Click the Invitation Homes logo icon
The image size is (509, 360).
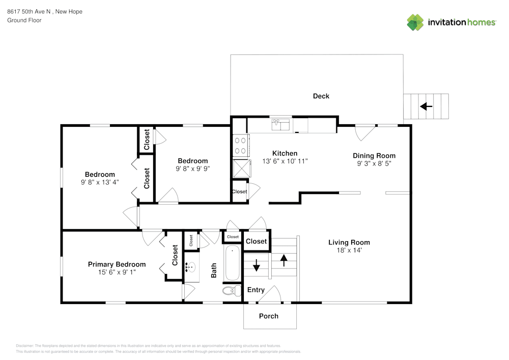[x=415, y=22]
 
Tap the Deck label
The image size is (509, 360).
[x=321, y=96]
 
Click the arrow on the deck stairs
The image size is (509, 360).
[x=426, y=106]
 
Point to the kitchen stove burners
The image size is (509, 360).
[x=240, y=146]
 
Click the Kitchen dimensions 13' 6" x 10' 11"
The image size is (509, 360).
[x=285, y=161]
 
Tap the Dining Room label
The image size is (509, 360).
[x=374, y=156]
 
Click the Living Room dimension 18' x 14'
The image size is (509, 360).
[x=349, y=251]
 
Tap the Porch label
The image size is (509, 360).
[x=269, y=316]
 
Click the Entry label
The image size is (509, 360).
[x=256, y=290]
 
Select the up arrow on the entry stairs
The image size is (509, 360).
[x=284, y=259]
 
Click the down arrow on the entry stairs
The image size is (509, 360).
[x=256, y=265]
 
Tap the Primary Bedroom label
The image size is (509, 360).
[x=117, y=264]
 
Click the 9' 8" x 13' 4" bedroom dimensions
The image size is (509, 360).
[x=100, y=182]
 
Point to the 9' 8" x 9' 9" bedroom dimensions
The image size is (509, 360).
[x=193, y=169]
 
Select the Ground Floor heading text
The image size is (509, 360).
[x=24, y=20]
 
